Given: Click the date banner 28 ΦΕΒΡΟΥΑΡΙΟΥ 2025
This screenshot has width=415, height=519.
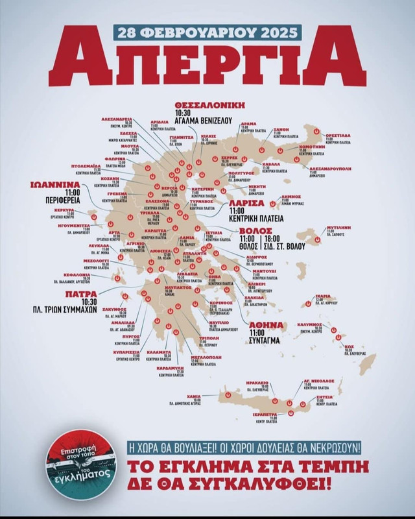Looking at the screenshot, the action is point(207,30).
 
